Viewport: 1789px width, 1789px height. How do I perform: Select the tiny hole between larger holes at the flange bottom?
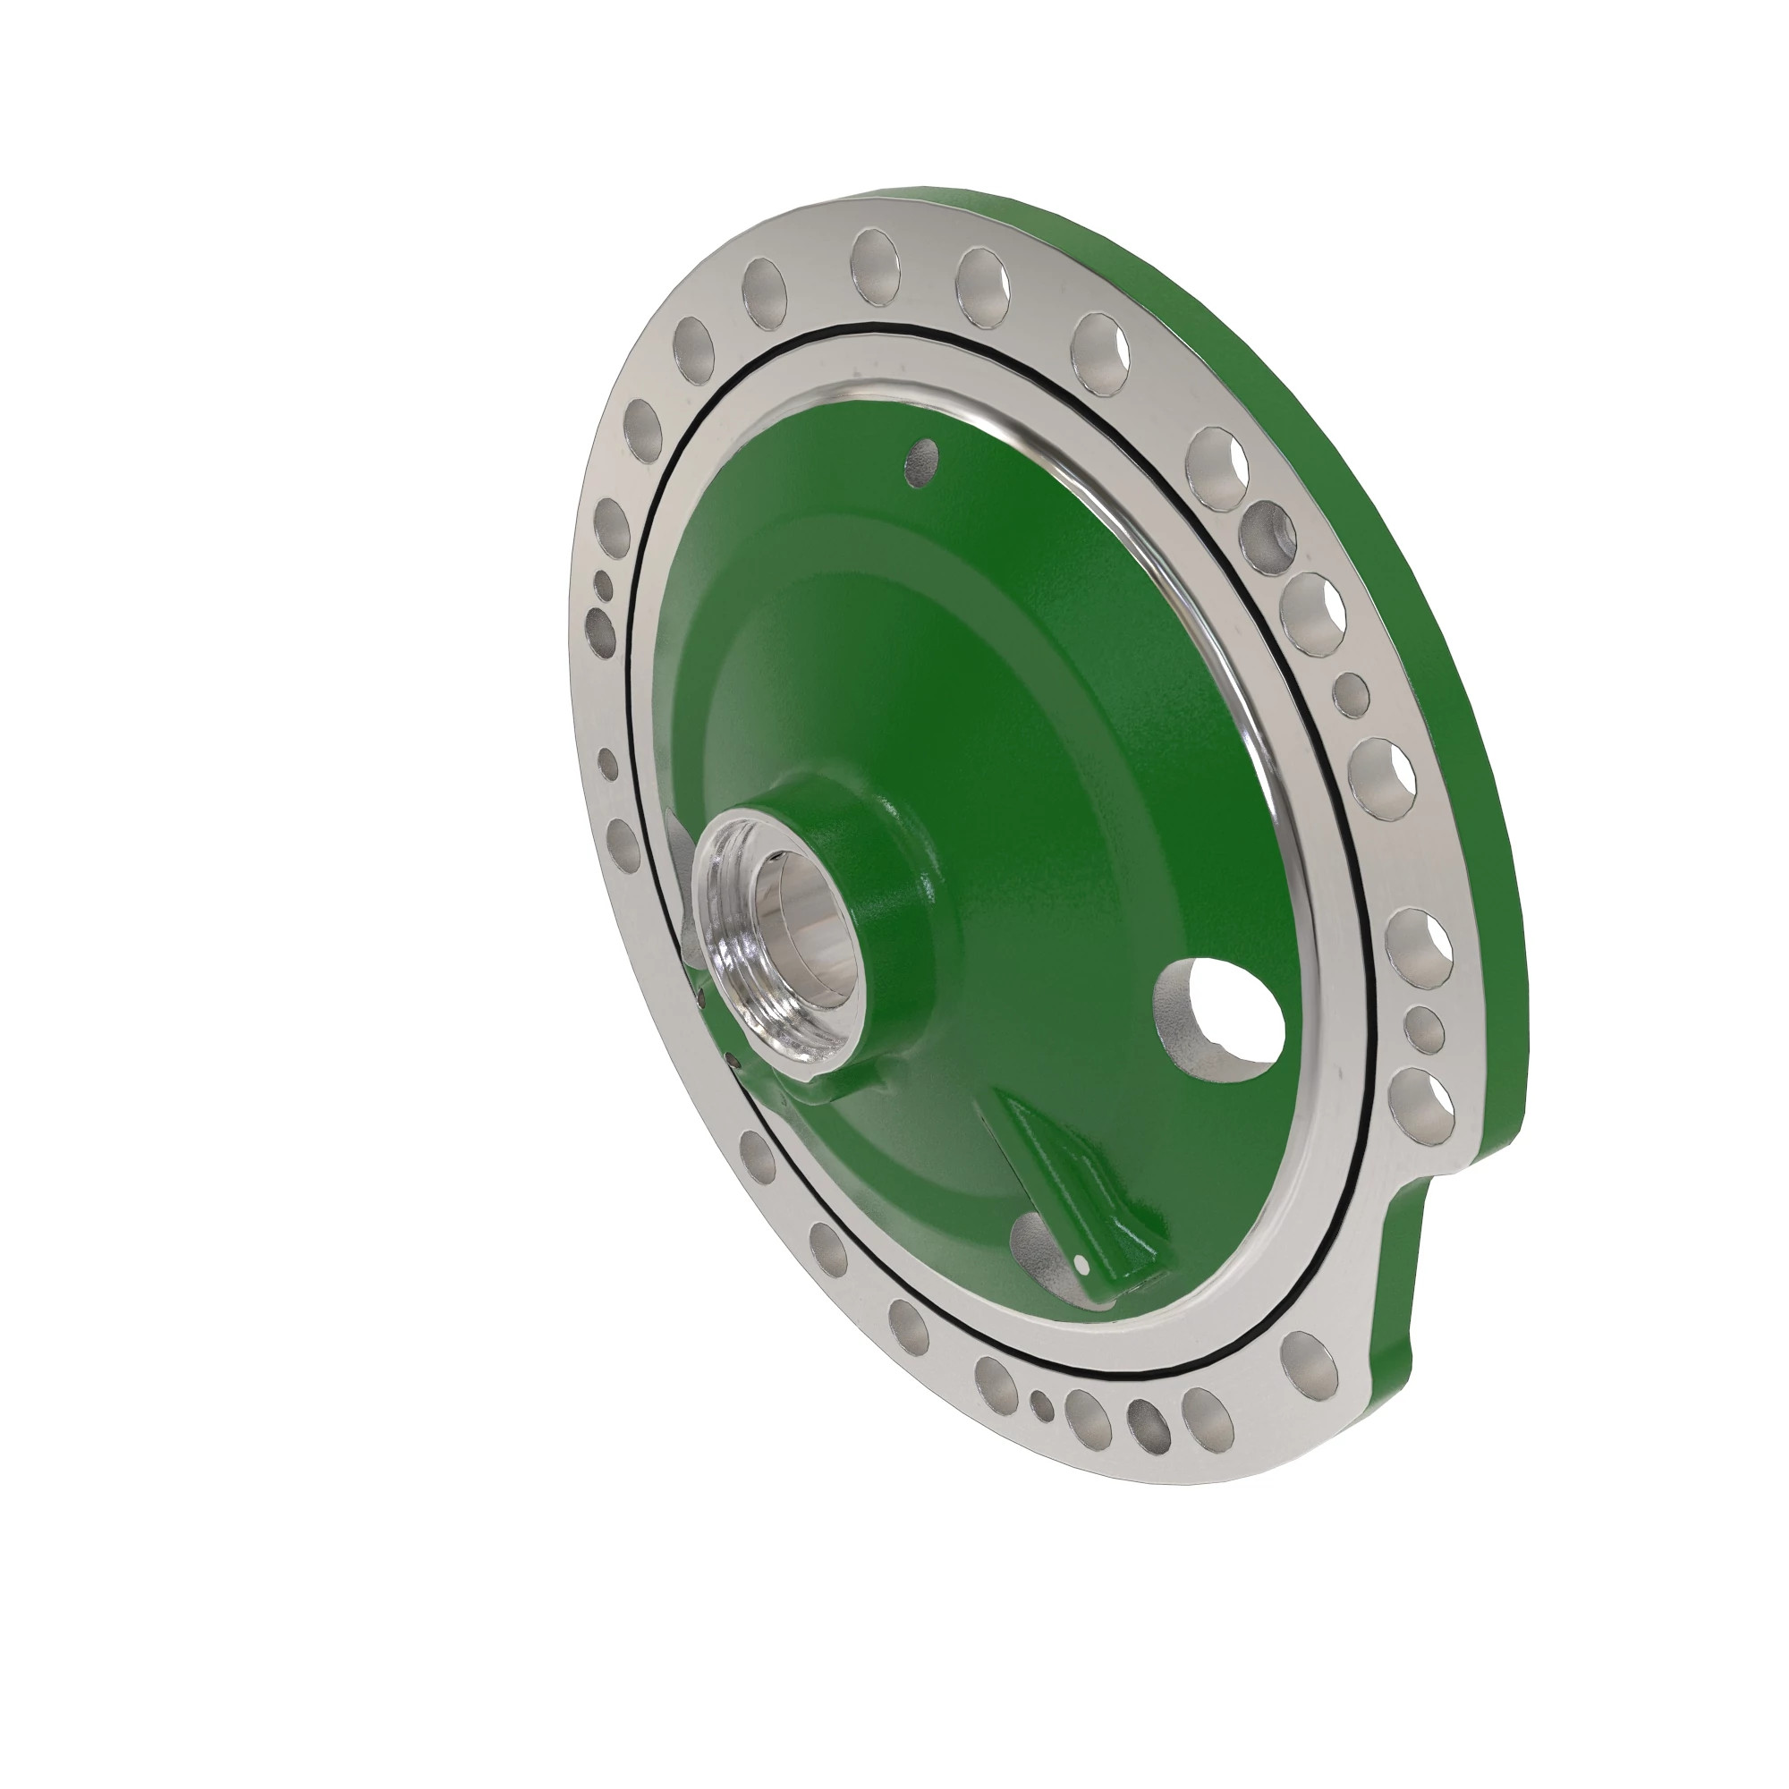point(1042,1405)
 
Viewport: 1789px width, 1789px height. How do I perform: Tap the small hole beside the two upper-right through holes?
point(1351,691)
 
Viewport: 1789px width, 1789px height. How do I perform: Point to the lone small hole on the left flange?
point(608,765)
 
